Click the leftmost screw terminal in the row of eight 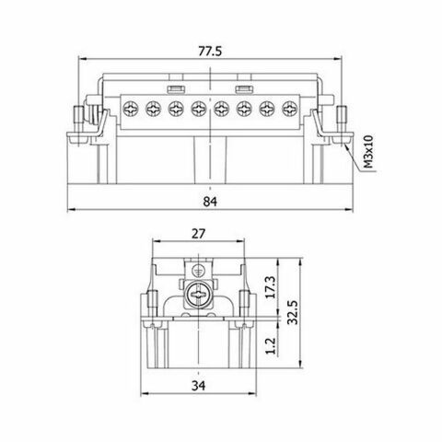[131, 108]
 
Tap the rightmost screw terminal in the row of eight [292, 108]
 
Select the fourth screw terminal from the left [200, 108]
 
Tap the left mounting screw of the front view [78, 121]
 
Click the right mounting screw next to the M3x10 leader [342, 121]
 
